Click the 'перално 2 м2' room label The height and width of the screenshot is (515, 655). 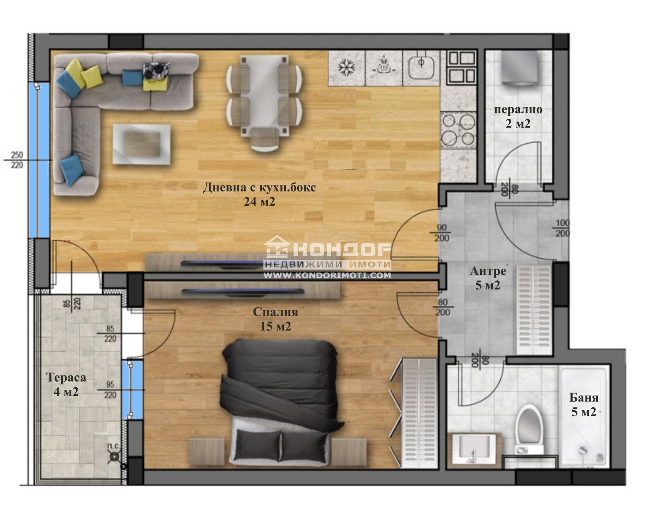pos(518,116)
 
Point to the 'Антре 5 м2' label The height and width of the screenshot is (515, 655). pos(488,278)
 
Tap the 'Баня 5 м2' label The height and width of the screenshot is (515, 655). pos(584,404)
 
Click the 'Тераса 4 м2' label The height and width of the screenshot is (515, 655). pos(66,384)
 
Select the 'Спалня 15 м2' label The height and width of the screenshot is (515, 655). pos(275,318)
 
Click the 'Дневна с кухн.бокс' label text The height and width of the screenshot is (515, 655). pos(260,188)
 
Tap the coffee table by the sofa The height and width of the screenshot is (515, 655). pos(141,144)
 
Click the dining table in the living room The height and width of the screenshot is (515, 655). pos(264,98)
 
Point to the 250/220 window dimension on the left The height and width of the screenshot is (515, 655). pos(17,160)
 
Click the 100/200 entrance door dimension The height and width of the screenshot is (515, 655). pos(562,228)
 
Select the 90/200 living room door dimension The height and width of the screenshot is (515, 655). pos(441,233)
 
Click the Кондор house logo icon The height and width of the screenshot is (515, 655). pos(277,247)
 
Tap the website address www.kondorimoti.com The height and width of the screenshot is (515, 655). pos(327,276)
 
